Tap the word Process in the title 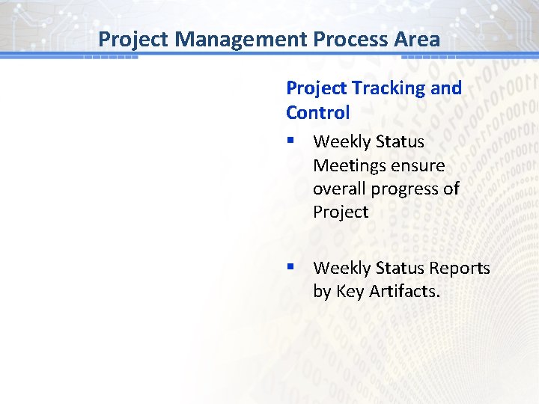tap(345, 39)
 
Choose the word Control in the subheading tap(317, 113)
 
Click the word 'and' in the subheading tap(446, 88)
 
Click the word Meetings tap(348, 165)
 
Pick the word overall tap(339, 189)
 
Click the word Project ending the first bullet tap(341, 212)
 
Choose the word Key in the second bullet tap(350, 292)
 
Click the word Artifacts tap(404, 291)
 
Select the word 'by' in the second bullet tap(322, 292)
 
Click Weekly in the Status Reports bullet tap(341, 268)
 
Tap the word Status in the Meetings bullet tap(400, 141)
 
